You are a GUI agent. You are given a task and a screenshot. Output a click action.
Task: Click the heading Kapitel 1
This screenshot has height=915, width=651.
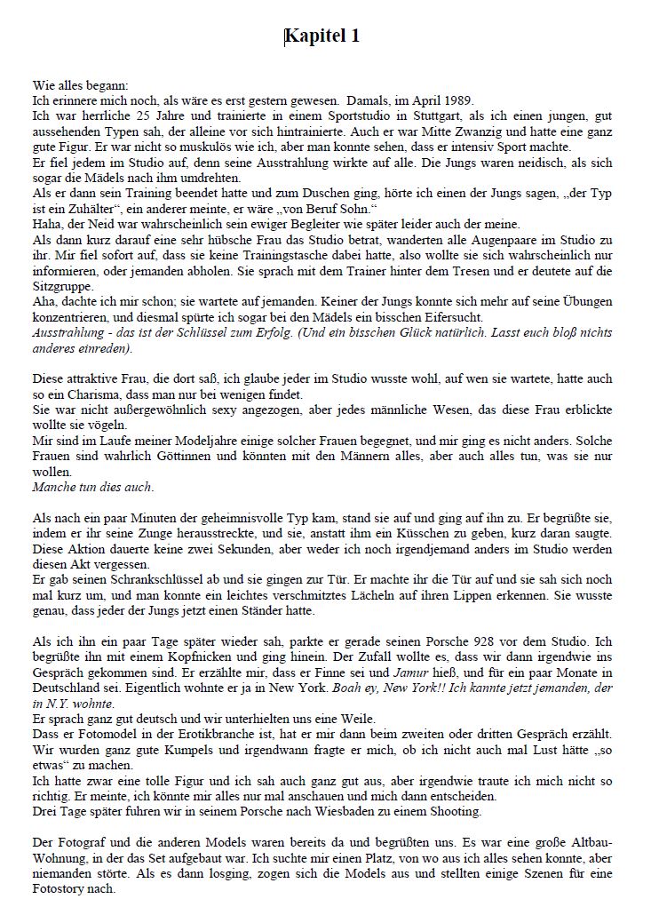point(322,36)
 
